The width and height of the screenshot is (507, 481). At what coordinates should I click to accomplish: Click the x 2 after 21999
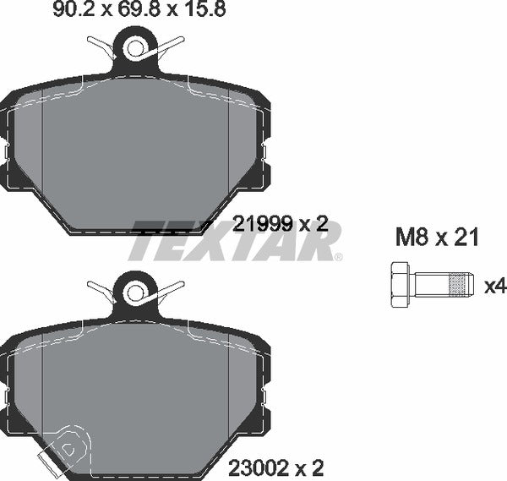(x=312, y=224)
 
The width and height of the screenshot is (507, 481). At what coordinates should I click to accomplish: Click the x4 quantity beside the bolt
(x=494, y=287)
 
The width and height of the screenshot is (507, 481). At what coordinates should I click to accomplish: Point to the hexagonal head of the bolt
(x=399, y=286)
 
